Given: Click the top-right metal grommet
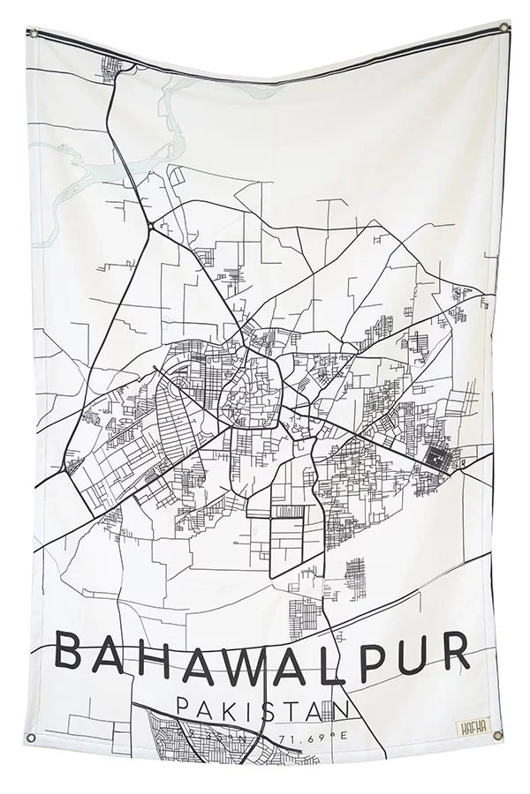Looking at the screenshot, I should click(x=504, y=27).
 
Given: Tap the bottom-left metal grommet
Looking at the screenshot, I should click(x=32, y=738).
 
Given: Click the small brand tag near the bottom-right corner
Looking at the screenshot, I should click(x=469, y=729).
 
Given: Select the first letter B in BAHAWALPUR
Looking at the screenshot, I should click(x=72, y=654).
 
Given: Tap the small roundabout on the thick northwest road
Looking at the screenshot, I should click(x=152, y=226).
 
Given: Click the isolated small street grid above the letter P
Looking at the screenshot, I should click(x=355, y=578).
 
